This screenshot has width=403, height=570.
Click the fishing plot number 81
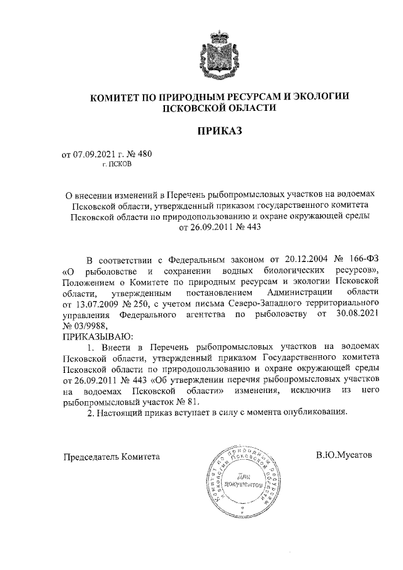point(189,403)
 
